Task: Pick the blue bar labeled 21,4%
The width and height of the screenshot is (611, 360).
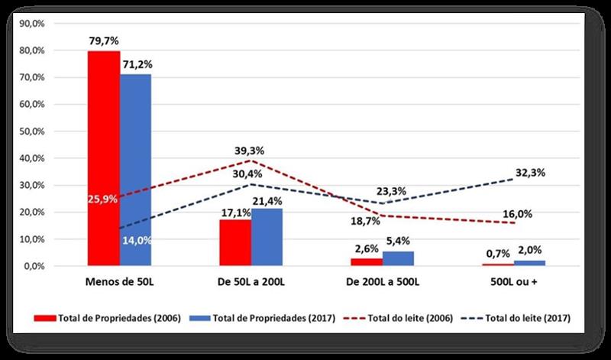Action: point(267,237)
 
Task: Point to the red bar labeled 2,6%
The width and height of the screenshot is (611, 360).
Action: point(367,262)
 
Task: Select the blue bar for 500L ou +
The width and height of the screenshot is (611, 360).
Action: point(529,263)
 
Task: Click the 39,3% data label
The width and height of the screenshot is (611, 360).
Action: point(249,151)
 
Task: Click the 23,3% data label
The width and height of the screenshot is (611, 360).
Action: point(391,191)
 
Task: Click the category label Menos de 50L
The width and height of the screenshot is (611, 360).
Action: point(119,283)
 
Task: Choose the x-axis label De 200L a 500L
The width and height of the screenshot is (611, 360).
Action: point(383,283)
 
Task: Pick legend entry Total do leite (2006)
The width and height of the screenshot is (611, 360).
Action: point(402,318)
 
